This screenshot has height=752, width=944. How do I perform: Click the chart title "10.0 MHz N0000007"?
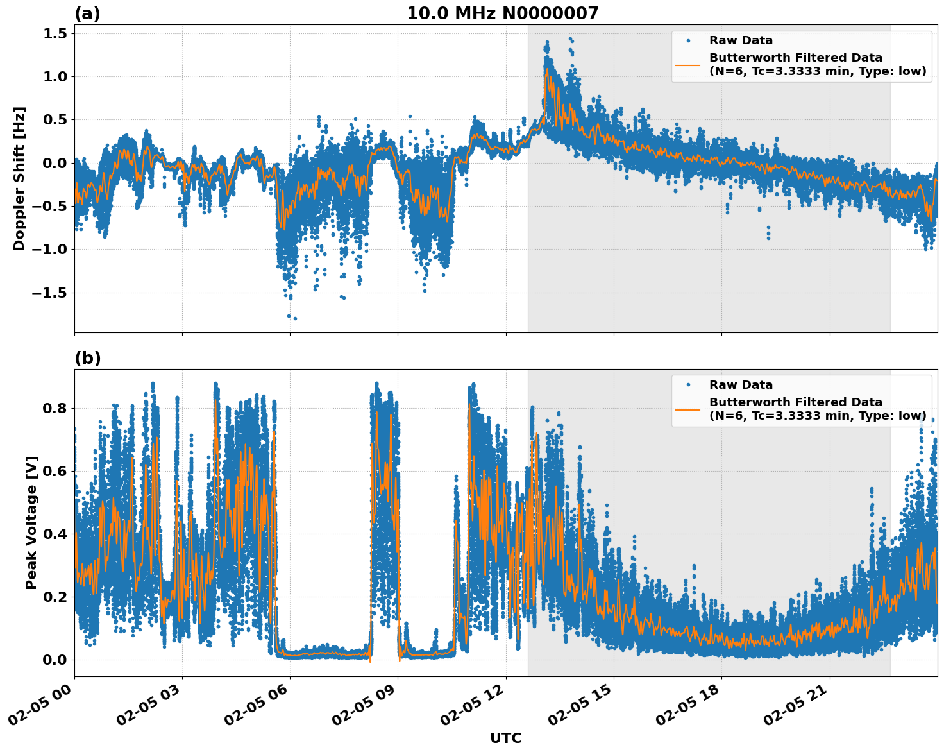502,13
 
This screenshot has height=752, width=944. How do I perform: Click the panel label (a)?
87,13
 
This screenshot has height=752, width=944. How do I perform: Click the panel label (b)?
87,358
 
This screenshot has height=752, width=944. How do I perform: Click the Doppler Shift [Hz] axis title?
19,178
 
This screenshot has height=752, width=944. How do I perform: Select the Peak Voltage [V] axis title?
31,522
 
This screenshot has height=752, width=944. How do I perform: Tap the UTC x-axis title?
505,738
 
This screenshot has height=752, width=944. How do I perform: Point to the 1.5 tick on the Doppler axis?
55,33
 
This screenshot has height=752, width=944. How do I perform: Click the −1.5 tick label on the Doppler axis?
50,293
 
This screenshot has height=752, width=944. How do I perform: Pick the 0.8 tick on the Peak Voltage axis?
55,408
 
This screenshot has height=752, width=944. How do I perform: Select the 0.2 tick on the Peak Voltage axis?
55,597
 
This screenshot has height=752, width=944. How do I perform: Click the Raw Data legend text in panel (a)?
741,40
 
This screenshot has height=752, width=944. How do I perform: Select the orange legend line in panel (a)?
688,65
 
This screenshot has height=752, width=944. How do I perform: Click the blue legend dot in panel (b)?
688,385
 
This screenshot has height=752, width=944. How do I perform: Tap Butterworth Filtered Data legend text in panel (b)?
795,402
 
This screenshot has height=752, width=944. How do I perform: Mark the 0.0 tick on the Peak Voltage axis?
55,660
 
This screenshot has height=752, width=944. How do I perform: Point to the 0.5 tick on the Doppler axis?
55,119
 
